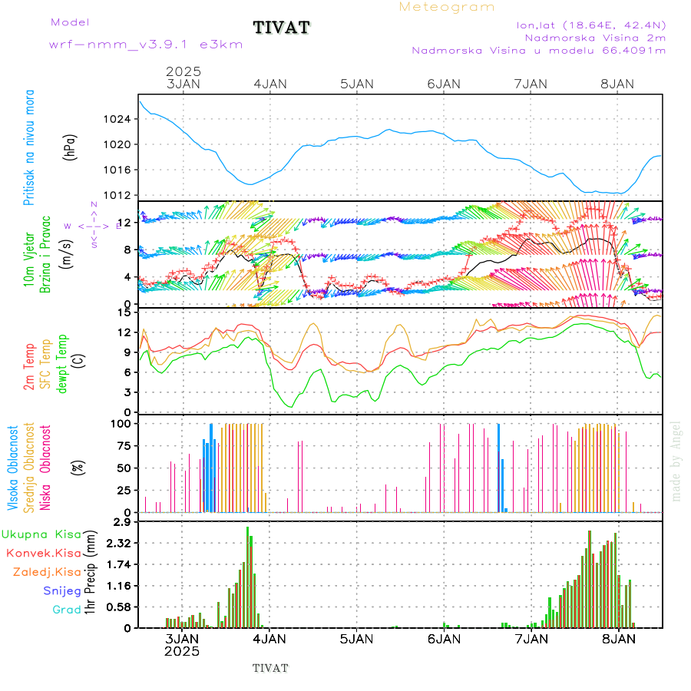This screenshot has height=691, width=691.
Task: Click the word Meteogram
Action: [447, 7]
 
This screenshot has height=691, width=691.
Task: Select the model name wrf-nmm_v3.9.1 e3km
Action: [146, 45]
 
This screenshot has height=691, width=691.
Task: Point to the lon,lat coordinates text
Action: [590, 25]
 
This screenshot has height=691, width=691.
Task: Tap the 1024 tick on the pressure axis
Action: [119, 119]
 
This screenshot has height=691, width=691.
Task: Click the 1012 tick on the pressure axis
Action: [119, 194]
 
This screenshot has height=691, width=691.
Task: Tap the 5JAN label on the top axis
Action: [356, 84]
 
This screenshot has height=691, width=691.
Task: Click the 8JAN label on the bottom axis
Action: [618, 638]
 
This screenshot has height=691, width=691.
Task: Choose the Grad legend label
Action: [67, 610]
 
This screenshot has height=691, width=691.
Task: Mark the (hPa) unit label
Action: [71, 146]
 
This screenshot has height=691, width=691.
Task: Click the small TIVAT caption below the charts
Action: [270, 668]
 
